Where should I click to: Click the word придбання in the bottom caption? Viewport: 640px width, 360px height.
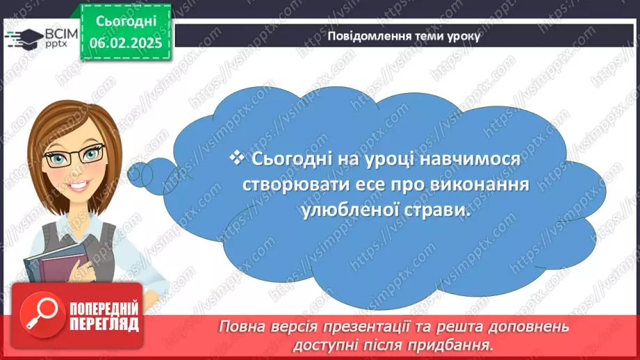pos(456,344)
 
